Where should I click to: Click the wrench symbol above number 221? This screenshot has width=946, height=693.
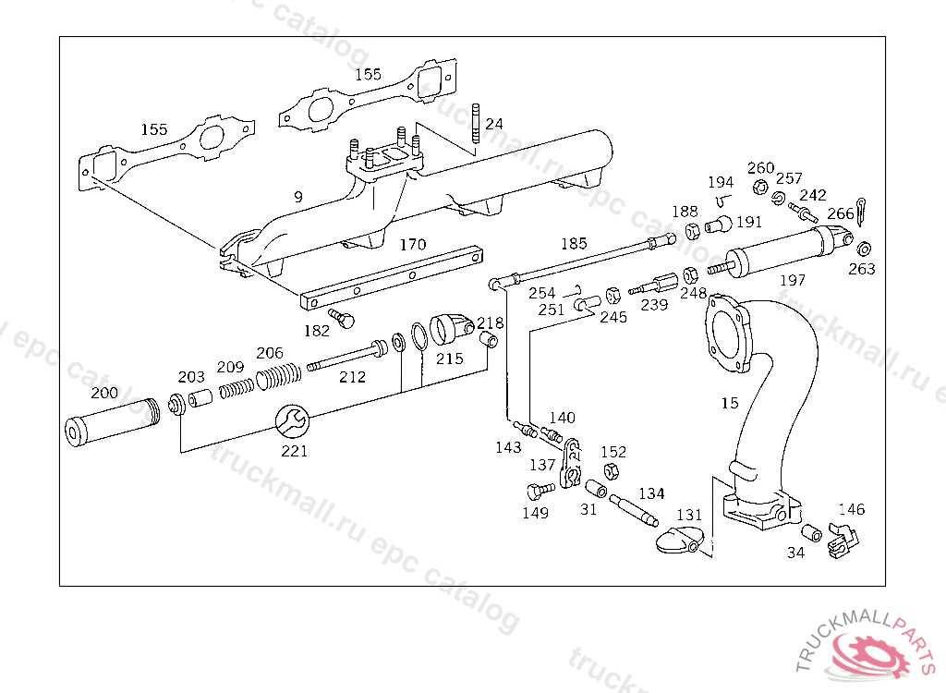293,420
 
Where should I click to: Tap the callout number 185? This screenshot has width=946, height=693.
574,243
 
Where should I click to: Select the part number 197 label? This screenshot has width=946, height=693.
792,280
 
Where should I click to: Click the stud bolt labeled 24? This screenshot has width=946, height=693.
476,124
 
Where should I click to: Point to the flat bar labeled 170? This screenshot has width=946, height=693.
392,277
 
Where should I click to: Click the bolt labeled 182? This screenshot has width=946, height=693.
342,318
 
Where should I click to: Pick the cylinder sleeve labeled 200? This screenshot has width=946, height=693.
112,422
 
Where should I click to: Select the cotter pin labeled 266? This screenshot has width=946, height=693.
861,212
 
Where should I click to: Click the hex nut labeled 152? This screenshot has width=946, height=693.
611,471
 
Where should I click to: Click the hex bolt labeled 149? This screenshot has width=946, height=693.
540,491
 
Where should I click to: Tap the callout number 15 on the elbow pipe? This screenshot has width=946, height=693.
730,403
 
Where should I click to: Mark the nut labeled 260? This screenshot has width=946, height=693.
760,188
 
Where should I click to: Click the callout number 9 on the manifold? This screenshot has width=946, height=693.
298,197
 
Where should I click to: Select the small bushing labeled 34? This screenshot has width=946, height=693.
811,533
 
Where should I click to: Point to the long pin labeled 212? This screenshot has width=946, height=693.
347,357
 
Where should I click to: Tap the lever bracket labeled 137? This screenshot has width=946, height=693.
571,463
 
